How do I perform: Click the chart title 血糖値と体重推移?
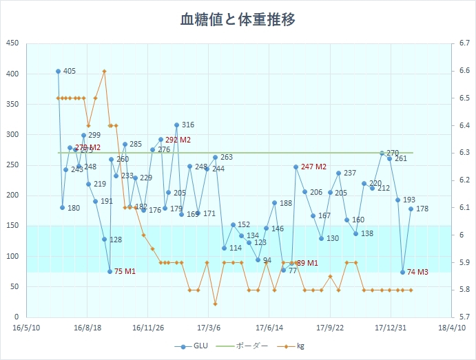tap(238, 19)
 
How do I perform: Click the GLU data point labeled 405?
tap(58, 71)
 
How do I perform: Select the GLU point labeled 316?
tap(176, 125)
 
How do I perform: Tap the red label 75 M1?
tap(125, 271)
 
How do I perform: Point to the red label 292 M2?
tap(178, 140)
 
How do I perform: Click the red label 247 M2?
tap(313, 167)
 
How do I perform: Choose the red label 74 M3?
tap(417, 273)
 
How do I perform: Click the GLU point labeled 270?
tap(382, 153)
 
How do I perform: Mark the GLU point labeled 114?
tap(224, 248)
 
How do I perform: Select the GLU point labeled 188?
tap(274, 203)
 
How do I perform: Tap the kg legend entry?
tap(292, 346)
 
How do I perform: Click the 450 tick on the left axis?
tap(12, 43)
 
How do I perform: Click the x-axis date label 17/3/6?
tap(209, 328)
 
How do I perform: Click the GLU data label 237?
tap(350, 173)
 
